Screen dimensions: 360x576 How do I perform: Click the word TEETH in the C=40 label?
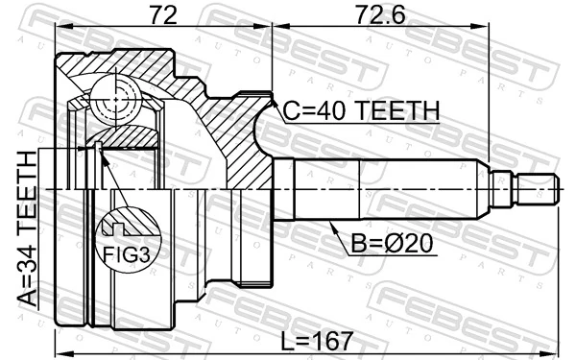tap(396, 111)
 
